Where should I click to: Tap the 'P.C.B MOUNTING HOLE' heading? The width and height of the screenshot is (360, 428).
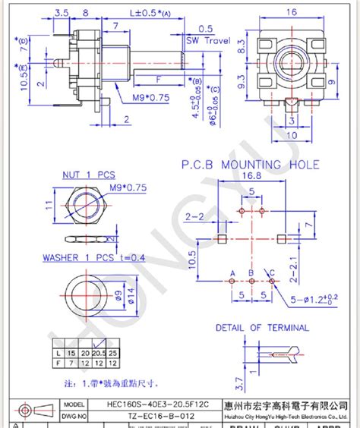pyautogui.click(x=250, y=165)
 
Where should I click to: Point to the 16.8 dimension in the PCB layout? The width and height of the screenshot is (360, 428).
pyautogui.click(x=251, y=177)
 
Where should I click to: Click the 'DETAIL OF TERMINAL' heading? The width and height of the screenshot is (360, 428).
pyautogui.click(x=262, y=328)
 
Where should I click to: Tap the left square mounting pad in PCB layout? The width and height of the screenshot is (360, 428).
pyautogui.click(x=220, y=240)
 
